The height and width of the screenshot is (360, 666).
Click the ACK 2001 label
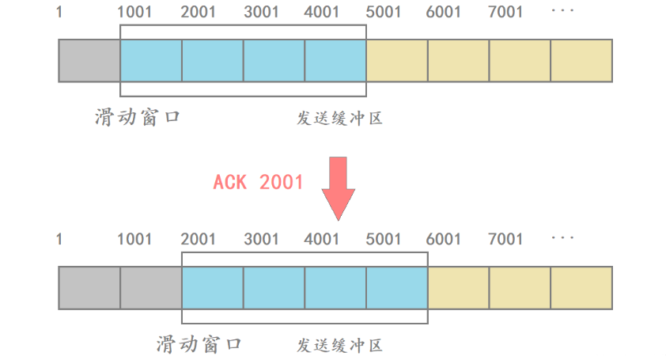point(259,181)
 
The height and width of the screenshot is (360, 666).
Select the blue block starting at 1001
point(151,60)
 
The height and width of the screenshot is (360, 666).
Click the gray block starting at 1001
point(151,287)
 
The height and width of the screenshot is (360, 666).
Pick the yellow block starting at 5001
point(397,60)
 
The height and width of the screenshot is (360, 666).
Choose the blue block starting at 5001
point(397,287)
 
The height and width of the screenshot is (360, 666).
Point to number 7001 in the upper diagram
point(505,13)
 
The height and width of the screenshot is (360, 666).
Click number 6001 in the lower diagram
point(444,239)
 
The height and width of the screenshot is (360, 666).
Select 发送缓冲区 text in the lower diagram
point(340,346)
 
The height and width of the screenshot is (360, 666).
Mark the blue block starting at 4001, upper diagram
point(335,60)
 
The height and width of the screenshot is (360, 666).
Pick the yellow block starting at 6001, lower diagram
point(459,287)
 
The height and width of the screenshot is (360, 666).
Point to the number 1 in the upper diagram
point(59,13)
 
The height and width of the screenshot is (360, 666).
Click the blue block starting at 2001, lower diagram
point(212,287)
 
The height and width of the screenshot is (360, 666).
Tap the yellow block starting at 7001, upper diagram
point(520,60)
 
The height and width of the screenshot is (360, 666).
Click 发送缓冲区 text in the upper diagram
point(340,119)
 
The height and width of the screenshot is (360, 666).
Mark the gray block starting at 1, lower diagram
point(89,287)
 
